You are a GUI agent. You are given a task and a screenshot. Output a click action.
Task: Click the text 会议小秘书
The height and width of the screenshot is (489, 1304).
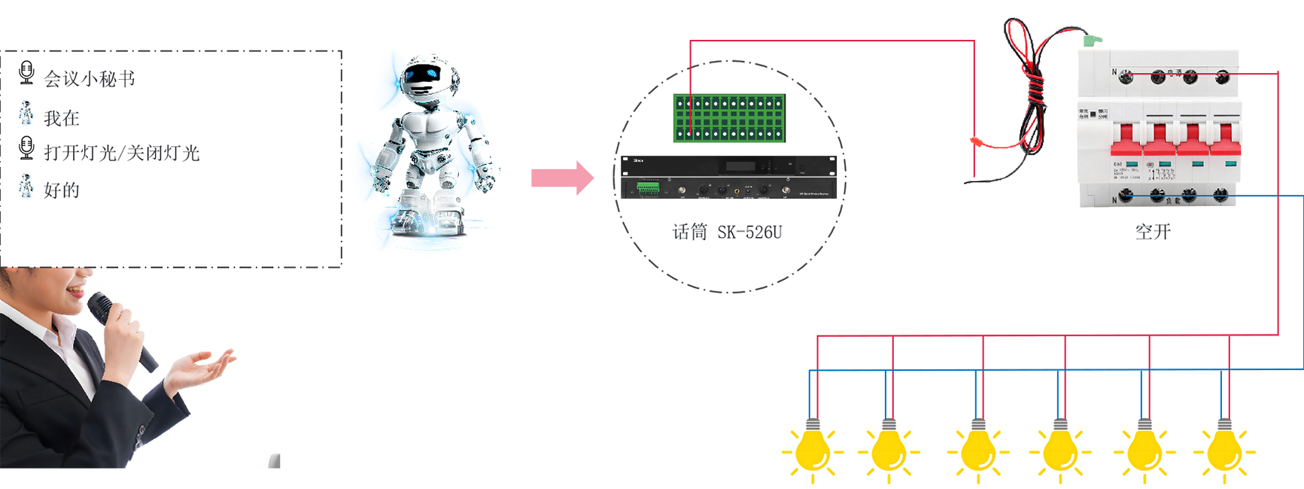pyautogui.click(x=90, y=79)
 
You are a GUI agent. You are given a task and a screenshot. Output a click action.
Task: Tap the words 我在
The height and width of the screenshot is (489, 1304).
pyautogui.click(x=62, y=118)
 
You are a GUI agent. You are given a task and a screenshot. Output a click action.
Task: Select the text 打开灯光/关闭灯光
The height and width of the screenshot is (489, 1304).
pyautogui.click(x=122, y=153)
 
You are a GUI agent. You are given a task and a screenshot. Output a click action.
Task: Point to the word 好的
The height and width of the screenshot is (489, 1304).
pyautogui.click(x=62, y=190)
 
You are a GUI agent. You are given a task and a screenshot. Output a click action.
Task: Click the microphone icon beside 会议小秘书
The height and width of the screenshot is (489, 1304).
pyautogui.click(x=26, y=73)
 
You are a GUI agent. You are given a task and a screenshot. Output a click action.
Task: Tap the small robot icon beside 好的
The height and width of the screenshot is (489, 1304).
pyautogui.click(x=26, y=186)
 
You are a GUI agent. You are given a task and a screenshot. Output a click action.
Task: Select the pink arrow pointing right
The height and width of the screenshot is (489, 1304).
pyautogui.click(x=562, y=178)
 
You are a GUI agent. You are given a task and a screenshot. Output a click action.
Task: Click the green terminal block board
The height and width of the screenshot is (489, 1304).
pyautogui.click(x=729, y=118)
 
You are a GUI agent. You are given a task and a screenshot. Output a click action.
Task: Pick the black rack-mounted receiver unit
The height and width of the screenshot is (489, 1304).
pyautogui.click(x=728, y=178)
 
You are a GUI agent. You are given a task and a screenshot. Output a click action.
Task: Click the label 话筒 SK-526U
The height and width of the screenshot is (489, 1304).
pyautogui.click(x=727, y=232)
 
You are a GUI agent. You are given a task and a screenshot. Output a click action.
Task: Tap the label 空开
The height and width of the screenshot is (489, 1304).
pyautogui.click(x=1153, y=232)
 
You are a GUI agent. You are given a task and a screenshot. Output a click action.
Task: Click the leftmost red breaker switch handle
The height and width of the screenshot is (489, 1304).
pyautogui.click(x=1126, y=141)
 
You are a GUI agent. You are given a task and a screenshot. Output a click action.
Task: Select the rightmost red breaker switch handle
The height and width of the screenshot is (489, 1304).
pyautogui.click(x=1224, y=141)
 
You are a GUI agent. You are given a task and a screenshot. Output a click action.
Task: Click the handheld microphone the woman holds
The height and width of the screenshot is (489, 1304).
pyautogui.click(x=120, y=331)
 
